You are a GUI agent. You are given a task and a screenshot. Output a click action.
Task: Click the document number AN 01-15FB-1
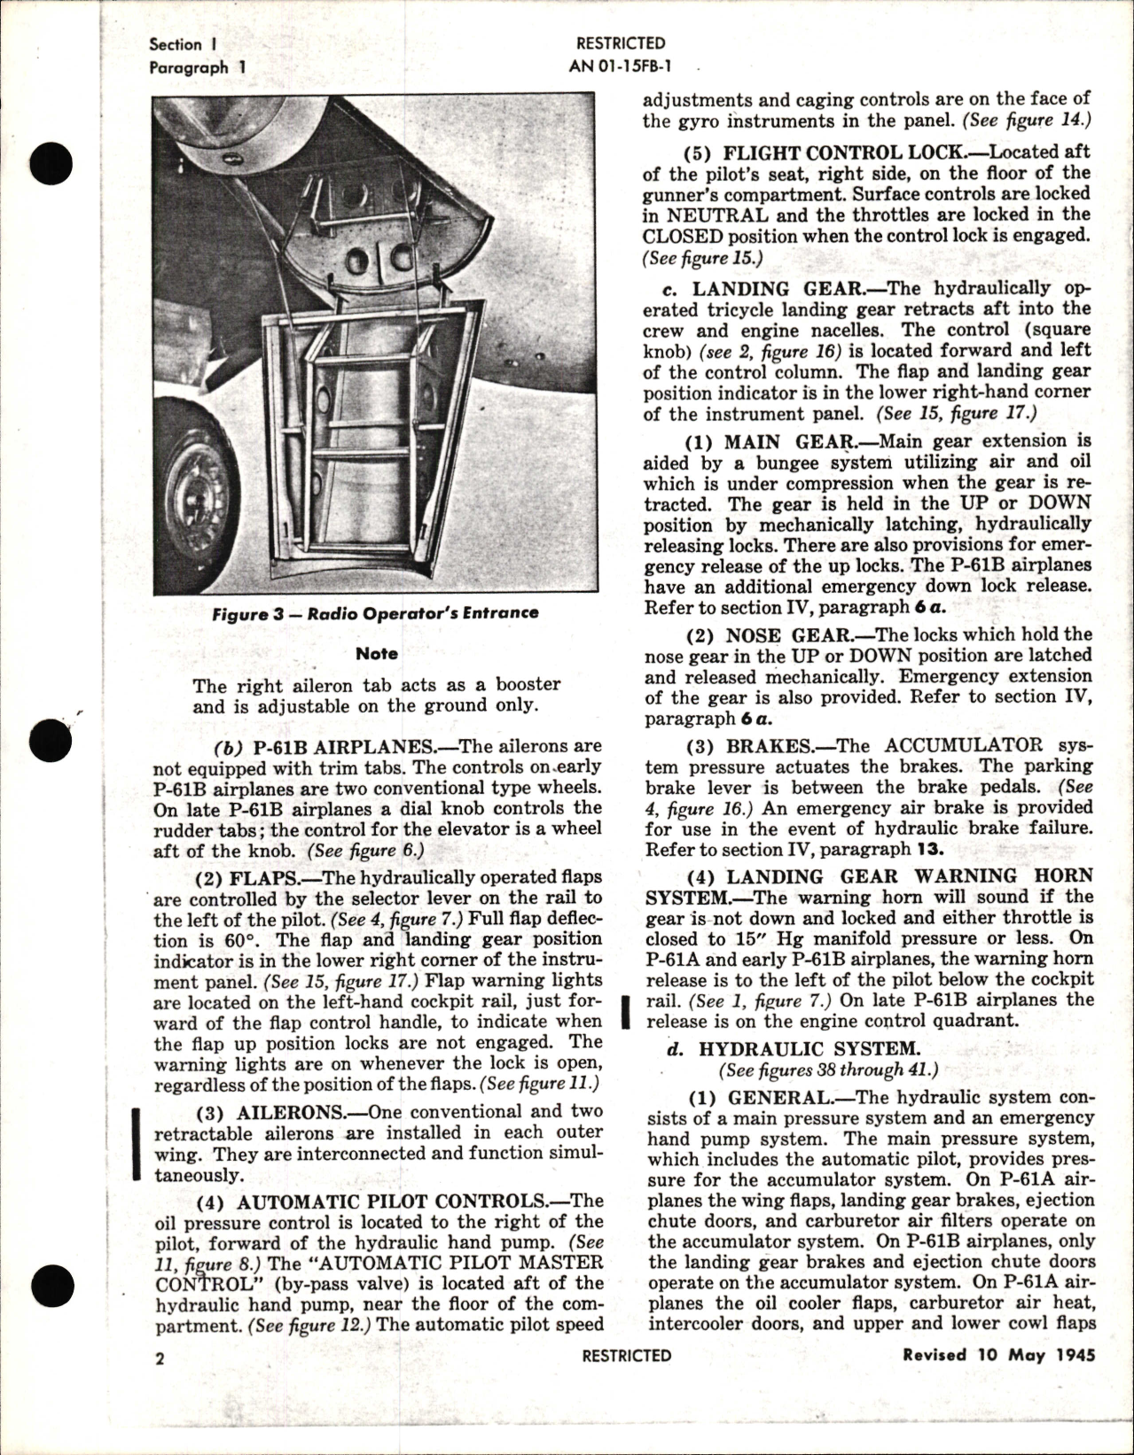[619, 64]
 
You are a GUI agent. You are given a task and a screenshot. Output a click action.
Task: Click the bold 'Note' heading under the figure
[377, 653]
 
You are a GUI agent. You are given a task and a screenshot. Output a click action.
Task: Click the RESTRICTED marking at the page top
[620, 43]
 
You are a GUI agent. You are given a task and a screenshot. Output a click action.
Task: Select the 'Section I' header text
[184, 44]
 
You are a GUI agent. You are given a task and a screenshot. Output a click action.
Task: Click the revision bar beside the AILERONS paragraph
[137, 1143]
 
